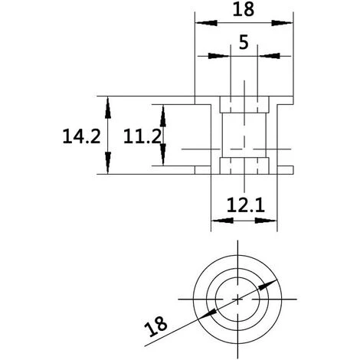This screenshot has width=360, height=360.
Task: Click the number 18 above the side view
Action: pos(244,10)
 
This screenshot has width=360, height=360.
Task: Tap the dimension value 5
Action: pos(244,43)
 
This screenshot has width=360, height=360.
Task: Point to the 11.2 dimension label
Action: pos(142,136)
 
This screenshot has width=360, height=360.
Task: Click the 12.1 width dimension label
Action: pos(244,205)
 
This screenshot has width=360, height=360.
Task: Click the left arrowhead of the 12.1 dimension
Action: pos(217,221)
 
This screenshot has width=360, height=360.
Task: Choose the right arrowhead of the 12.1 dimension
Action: pos(272,221)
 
